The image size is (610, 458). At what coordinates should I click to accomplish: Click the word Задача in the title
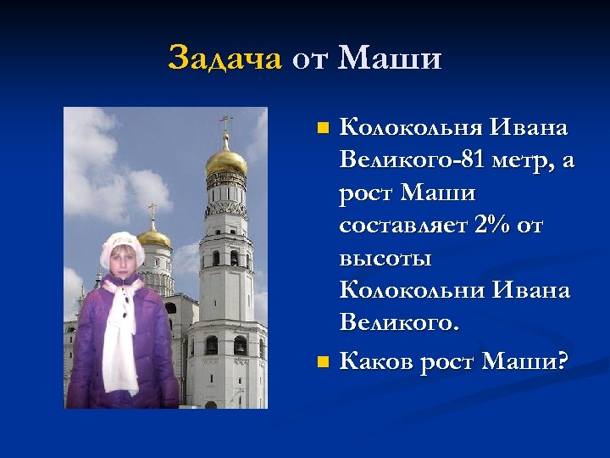click(225, 59)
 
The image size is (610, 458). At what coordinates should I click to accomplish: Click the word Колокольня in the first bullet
click(409, 128)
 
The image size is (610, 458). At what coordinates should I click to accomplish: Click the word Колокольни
click(410, 290)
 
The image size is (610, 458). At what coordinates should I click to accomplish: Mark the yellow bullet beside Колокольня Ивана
click(322, 129)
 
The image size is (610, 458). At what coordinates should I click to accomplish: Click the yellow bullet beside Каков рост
click(322, 363)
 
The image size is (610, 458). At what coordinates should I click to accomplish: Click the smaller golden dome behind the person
click(153, 237)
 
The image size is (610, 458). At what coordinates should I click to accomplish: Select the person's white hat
click(121, 247)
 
